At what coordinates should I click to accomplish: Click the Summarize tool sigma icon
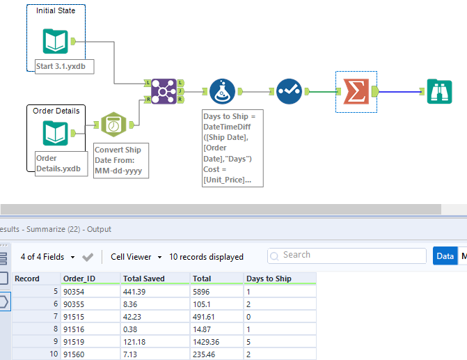[356, 91]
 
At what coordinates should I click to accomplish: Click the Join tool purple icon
[164, 91]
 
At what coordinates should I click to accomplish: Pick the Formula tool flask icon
[223, 91]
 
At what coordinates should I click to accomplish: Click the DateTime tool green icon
[114, 125]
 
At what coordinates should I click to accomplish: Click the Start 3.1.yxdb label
[65, 66]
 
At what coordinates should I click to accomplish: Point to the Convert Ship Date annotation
[120, 161]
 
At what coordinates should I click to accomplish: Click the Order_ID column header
[78, 279]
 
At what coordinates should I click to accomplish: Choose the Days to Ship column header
[269, 279]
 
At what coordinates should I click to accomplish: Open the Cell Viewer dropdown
[136, 257]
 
